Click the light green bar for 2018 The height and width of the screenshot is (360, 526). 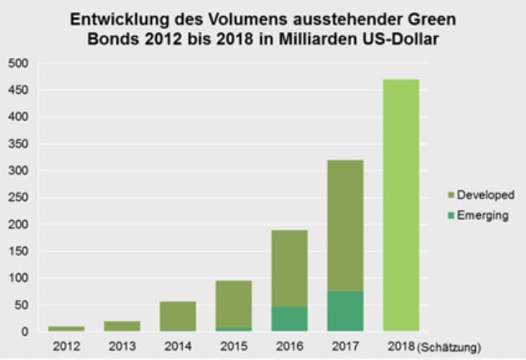(x=400, y=205)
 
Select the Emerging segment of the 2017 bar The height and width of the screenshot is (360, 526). (x=345, y=311)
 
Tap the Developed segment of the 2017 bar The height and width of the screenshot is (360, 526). (x=345, y=225)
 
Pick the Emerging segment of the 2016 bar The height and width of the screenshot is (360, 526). (x=289, y=318)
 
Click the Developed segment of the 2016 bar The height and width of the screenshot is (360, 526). (x=289, y=268)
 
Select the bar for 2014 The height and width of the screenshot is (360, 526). (x=177, y=316)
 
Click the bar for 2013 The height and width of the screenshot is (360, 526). (x=121, y=326)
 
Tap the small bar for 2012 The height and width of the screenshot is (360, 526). (x=66, y=328)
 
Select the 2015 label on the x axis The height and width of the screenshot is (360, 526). (x=233, y=346)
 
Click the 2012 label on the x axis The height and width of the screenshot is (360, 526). (x=66, y=346)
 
